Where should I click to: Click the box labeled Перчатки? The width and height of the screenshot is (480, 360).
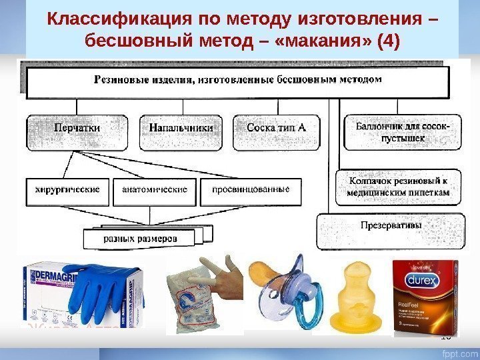(77, 129)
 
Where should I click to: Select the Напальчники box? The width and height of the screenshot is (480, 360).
(181, 129)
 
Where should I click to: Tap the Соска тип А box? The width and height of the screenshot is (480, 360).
(275, 129)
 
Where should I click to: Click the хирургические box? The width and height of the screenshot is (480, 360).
(67, 189)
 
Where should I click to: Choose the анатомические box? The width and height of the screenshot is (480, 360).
(154, 189)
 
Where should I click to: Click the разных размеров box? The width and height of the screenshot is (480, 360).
(140, 238)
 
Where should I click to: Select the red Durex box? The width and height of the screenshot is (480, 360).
(426, 294)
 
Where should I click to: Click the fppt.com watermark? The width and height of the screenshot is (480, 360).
(457, 349)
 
